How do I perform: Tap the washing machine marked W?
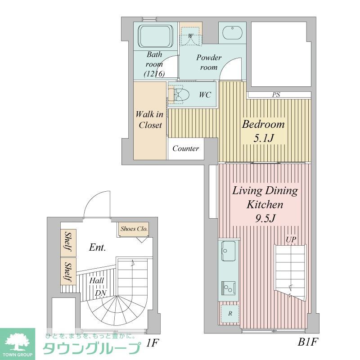pos(190,35)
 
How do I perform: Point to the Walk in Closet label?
pos(150,120)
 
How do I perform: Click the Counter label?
pos(185,148)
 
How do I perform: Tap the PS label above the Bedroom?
pos(276,95)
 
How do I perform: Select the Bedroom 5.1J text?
pos(263,131)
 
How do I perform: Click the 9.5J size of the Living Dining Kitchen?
pos(264,218)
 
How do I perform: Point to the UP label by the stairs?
pos(291,240)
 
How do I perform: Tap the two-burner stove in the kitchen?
pos(229,287)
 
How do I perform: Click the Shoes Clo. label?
pos(134,229)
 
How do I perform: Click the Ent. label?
pos(97,247)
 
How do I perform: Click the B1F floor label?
pos(308,343)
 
